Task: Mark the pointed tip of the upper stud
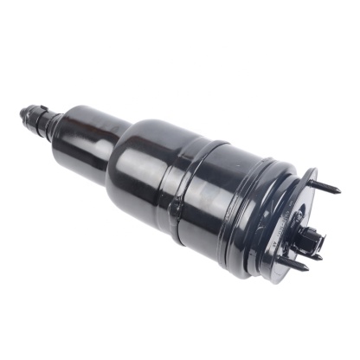pos(338,190)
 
